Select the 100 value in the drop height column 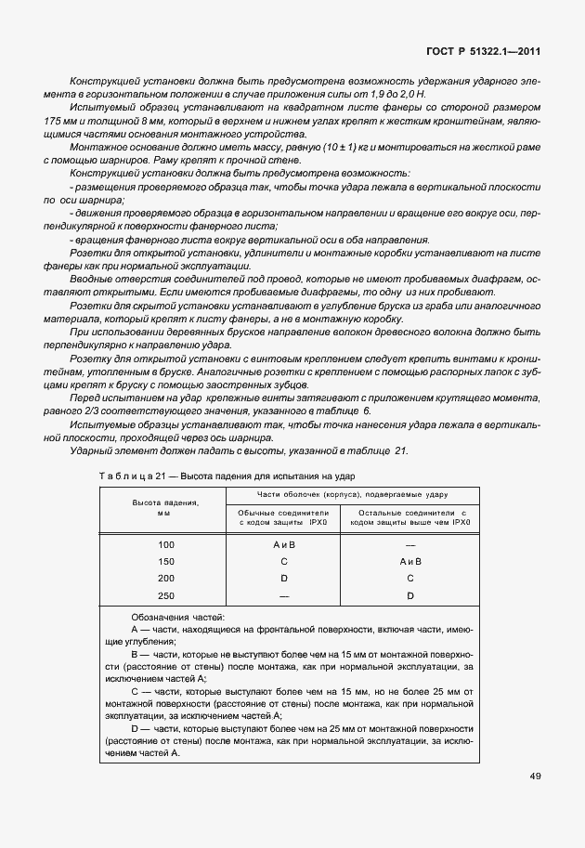(x=165, y=544)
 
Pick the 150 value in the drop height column (x=165, y=561)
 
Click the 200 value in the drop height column (x=165, y=578)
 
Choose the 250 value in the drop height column (x=165, y=594)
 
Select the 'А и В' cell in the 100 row (x=283, y=544)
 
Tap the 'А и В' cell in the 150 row (x=409, y=561)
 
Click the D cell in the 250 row (x=409, y=594)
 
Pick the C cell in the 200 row (x=409, y=578)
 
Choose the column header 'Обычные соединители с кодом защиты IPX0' (x=283, y=517)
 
